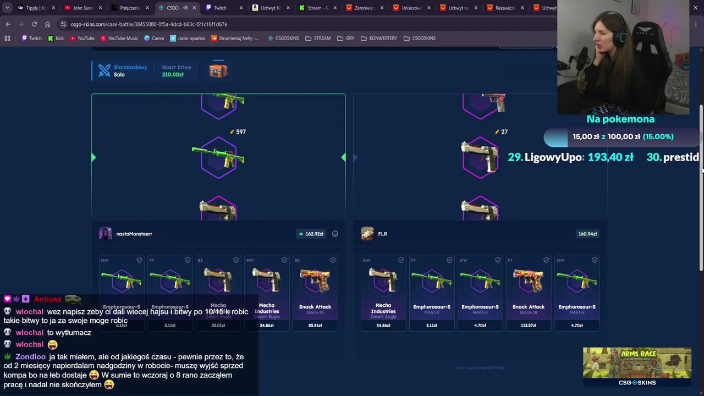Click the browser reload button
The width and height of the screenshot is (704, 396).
pos(34,24)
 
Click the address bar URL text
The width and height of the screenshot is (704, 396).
pos(148,24)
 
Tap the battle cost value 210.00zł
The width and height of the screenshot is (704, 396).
pos(173,75)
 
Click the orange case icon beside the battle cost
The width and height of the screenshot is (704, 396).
pos(218,70)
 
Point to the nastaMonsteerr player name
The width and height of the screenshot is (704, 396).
pos(134,234)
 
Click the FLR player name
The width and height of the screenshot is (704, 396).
pos(382,234)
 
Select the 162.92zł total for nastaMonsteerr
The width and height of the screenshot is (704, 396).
pos(314,234)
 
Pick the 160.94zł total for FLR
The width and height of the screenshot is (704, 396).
pos(587,234)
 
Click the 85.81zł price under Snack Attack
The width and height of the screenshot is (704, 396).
pos(315,326)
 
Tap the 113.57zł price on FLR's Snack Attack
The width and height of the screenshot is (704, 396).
pos(528,326)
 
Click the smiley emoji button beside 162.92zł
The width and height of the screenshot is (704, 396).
pos(335,234)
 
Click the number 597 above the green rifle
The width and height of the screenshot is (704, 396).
pos(240,132)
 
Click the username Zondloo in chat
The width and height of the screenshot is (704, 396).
pos(30,357)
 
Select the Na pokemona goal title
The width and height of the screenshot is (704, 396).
pos(620,119)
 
